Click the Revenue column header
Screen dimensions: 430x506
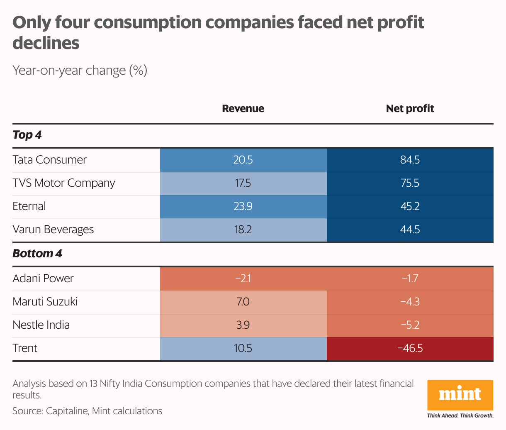(x=243, y=109)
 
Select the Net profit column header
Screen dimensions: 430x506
(x=410, y=109)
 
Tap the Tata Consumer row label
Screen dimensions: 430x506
(x=50, y=160)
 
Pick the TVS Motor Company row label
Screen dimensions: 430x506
(x=64, y=183)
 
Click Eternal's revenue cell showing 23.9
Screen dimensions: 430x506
(x=243, y=206)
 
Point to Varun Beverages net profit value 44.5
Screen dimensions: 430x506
(x=410, y=230)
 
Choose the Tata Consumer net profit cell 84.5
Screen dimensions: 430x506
(x=410, y=160)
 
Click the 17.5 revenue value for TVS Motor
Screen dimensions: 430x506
(x=243, y=183)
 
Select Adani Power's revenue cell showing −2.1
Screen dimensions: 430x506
(x=243, y=278)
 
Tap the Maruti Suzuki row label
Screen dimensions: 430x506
(x=45, y=301)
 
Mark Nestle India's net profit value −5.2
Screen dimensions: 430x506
(x=410, y=325)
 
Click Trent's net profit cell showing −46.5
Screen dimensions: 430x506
(x=410, y=348)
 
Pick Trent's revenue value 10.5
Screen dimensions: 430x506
(x=243, y=348)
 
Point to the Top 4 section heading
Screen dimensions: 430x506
(x=27, y=135)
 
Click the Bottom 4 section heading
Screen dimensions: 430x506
(x=37, y=253)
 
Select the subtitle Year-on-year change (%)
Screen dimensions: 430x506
(x=80, y=71)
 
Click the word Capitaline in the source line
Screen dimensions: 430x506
(x=67, y=411)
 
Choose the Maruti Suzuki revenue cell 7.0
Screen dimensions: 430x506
(x=243, y=301)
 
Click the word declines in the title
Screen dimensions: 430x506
(x=46, y=43)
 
